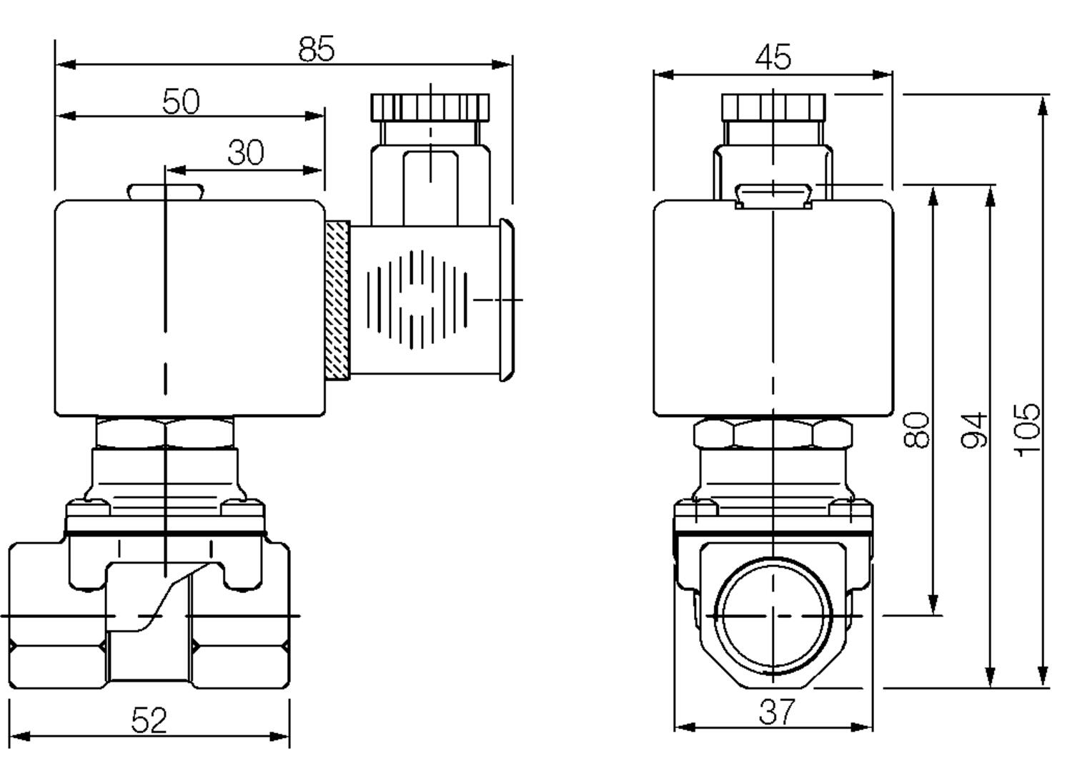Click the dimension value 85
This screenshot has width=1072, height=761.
tap(316, 49)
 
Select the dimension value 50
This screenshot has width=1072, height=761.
tap(181, 101)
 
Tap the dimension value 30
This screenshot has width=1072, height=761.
tap(246, 152)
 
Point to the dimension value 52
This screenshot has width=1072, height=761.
tap(149, 720)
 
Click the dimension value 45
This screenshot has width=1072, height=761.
tap(773, 57)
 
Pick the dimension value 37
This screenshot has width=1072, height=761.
tap(776, 712)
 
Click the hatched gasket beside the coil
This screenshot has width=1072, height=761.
tap(337, 300)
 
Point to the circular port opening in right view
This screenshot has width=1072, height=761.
tap(774, 615)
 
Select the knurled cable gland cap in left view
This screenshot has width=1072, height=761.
tap(430, 107)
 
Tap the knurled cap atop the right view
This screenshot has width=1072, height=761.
tap(773, 107)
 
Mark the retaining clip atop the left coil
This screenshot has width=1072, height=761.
tap(165, 192)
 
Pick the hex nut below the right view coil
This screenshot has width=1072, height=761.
tap(773, 433)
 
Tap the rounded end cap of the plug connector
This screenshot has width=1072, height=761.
tap(506, 300)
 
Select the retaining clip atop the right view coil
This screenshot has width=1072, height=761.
tap(773, 195)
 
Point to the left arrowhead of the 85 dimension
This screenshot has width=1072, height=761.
tap(64, 64)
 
